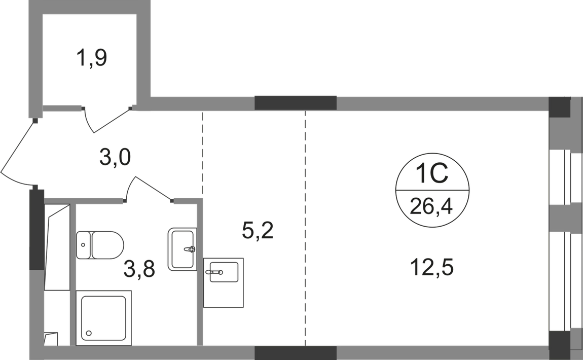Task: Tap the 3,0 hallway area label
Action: pyautogui.click(x=115, y=158)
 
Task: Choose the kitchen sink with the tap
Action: pyautogui.click(x=224, y=282)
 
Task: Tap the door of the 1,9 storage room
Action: pyautogui.click(x=107, y=119)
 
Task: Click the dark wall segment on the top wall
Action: pyautogui.click(x=295, y=102)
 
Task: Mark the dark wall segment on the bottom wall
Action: pyautogui.click(x=295, y=352)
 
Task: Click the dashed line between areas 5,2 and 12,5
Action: pyautogui.click(x=305, y=228)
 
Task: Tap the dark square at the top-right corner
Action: pyautogui.click(x=560, y=105)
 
